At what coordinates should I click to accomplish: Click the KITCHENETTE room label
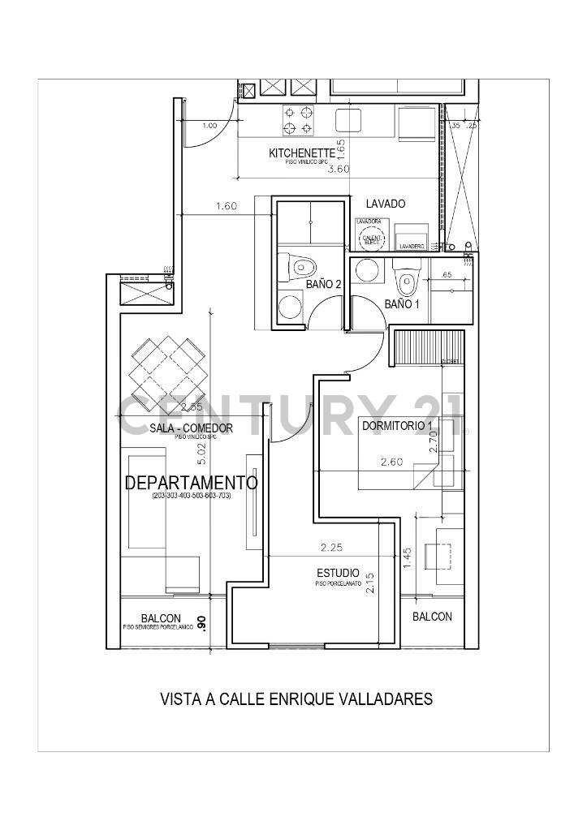pos(301,153)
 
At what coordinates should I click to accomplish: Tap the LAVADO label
pos(385,204)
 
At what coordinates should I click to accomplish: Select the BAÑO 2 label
pos(322,284)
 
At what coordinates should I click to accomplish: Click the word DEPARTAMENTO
pos(191,484)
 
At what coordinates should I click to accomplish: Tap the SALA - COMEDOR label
pos(192,428)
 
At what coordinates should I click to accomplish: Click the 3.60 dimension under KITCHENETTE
pos(338,169)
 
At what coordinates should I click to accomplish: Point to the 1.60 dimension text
pos(227,206)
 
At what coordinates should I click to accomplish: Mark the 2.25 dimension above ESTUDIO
pos(331,548)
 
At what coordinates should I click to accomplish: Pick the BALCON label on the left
pos(161,617)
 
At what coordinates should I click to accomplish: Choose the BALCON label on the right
pos(432,617)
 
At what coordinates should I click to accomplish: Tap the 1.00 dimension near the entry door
pos(209,126)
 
